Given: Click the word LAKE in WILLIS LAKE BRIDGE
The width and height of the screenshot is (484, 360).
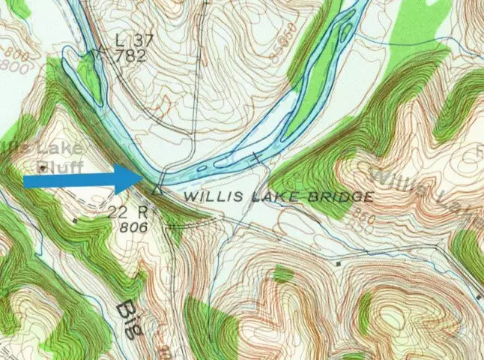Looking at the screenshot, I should click(x=275, y=196).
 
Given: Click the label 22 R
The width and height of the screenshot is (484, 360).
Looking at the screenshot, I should click(x=121, y=212).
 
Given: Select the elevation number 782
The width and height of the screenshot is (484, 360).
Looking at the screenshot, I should click(x=132, y=55).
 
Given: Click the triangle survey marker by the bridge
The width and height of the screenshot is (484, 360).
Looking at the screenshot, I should click(x=157, y=190).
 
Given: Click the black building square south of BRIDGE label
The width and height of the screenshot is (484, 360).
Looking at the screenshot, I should click(x=340, y=264).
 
